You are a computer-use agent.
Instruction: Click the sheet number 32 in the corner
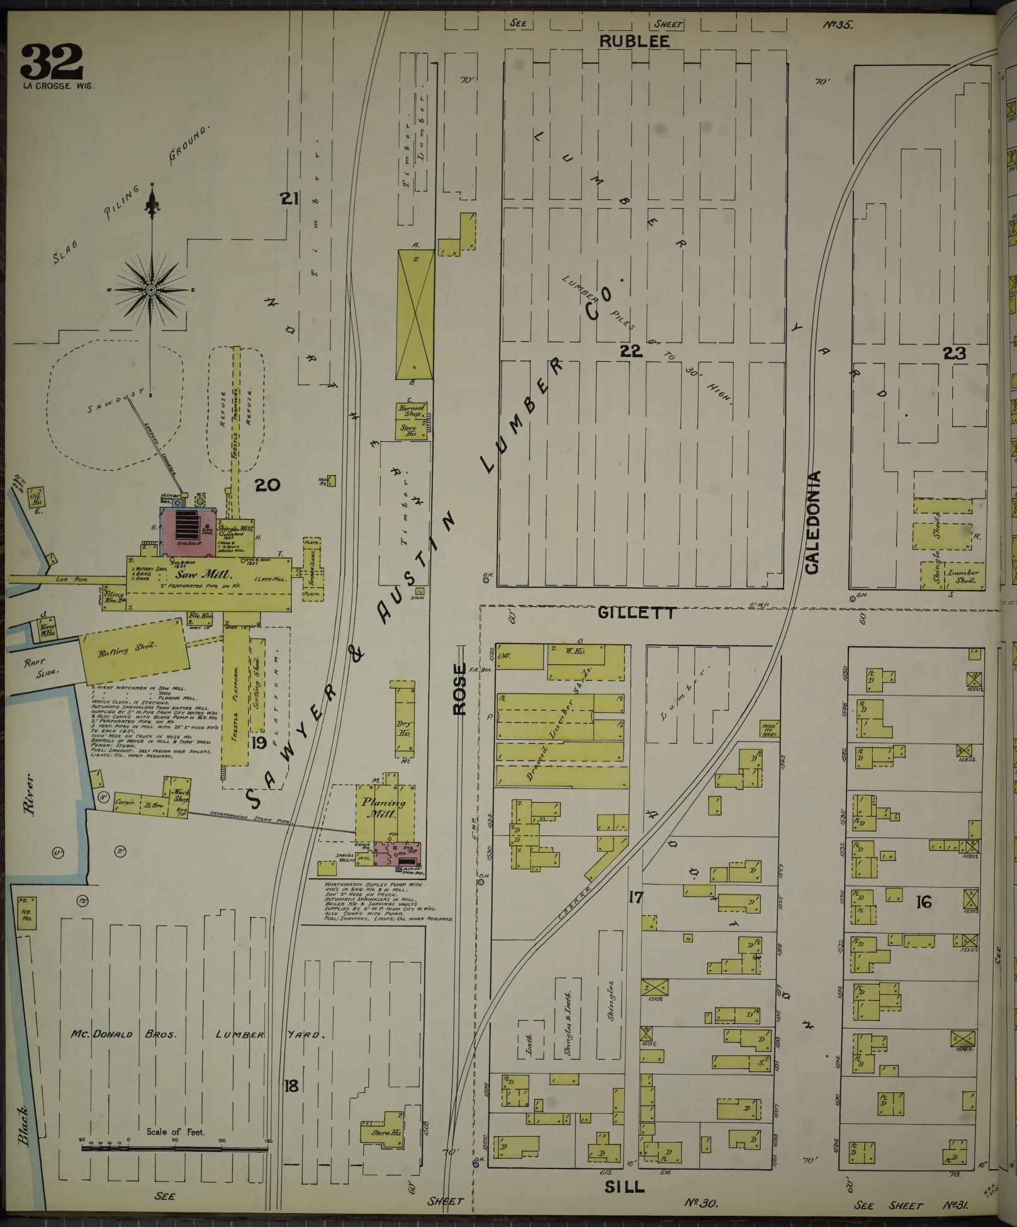pos(52,62)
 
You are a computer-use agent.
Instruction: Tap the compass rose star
pos(151,290)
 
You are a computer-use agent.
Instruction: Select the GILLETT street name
pos(637,612)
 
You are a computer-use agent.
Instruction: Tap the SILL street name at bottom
pos(625,1187)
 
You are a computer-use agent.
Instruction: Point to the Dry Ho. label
pos(403,728)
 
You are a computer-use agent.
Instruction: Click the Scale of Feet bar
pos(175,1148)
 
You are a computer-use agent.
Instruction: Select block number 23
pos(954,354)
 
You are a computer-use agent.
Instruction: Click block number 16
pos(923,903)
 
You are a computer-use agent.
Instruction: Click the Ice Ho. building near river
pos(26,915)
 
